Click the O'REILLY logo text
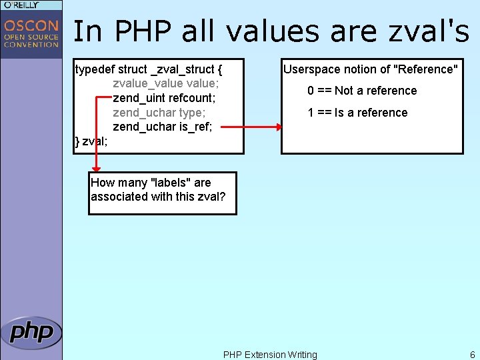pyautogui.click(x=21, y=5)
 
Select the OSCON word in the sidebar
pyautogui.click(x=31, y=26)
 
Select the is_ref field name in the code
pyautogui.click(x=196, y=127)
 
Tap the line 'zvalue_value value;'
pyautogui.click(x=166, y=83)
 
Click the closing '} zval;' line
pyautogui.click(x=91, y=141)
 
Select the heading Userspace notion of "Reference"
pyautogui.click(x=371, y=69)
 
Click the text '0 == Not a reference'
pyautogui.click(x=362, y=91)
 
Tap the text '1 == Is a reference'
pyautogui.click(x=357, y=113)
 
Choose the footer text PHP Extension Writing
pyautogui.click(x=270, y=355)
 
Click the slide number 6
pyautogui.click(x=472, y=355)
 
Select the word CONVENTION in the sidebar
pyautogui.click(x=31, y=45)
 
